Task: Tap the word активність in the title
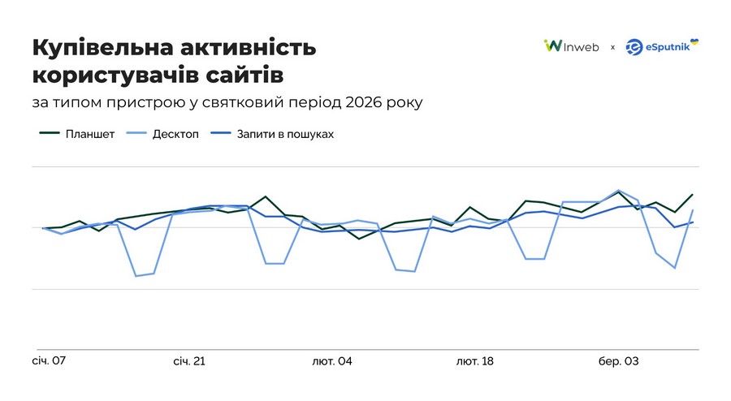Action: tap(247, 47)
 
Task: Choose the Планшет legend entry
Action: tap(90, 134)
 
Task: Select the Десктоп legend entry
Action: tap(175, 134)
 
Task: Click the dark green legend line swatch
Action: tap(50, 134)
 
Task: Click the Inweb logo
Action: tap(572, 46)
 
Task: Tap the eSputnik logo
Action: tap(662, 46)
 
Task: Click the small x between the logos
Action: tap(612, 47)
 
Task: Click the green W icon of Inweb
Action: tap(551, 46)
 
